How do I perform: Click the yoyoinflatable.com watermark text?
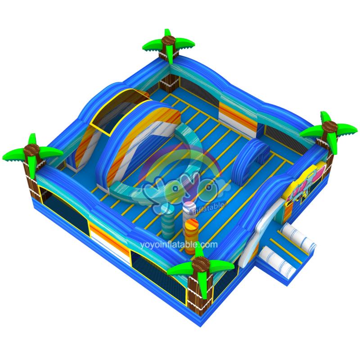coord(179,245)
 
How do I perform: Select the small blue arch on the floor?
coord(250,158)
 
